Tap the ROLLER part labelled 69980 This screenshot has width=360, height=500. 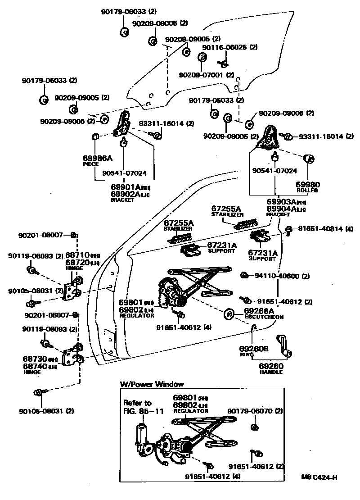click(x=310, y=160)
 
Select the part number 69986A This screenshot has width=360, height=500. click(x=97, y=158)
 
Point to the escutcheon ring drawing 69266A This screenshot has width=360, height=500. click(x=228, y=313)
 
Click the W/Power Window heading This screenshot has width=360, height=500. click(x=152, y=384)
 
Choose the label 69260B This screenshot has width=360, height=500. click(x=254, y=349)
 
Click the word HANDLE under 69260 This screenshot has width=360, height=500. click(x=271, y=372)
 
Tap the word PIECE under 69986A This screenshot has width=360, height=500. click(x=90, y=164)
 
